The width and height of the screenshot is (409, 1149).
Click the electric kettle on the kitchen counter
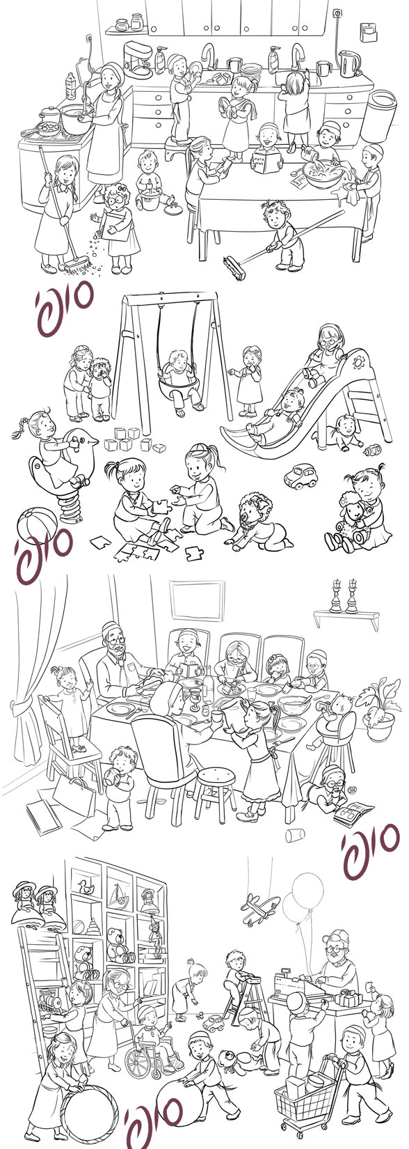tap(348, 63)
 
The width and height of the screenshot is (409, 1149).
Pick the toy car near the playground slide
tap(301, 476)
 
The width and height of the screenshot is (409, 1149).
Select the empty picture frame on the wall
tap(197, 600)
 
